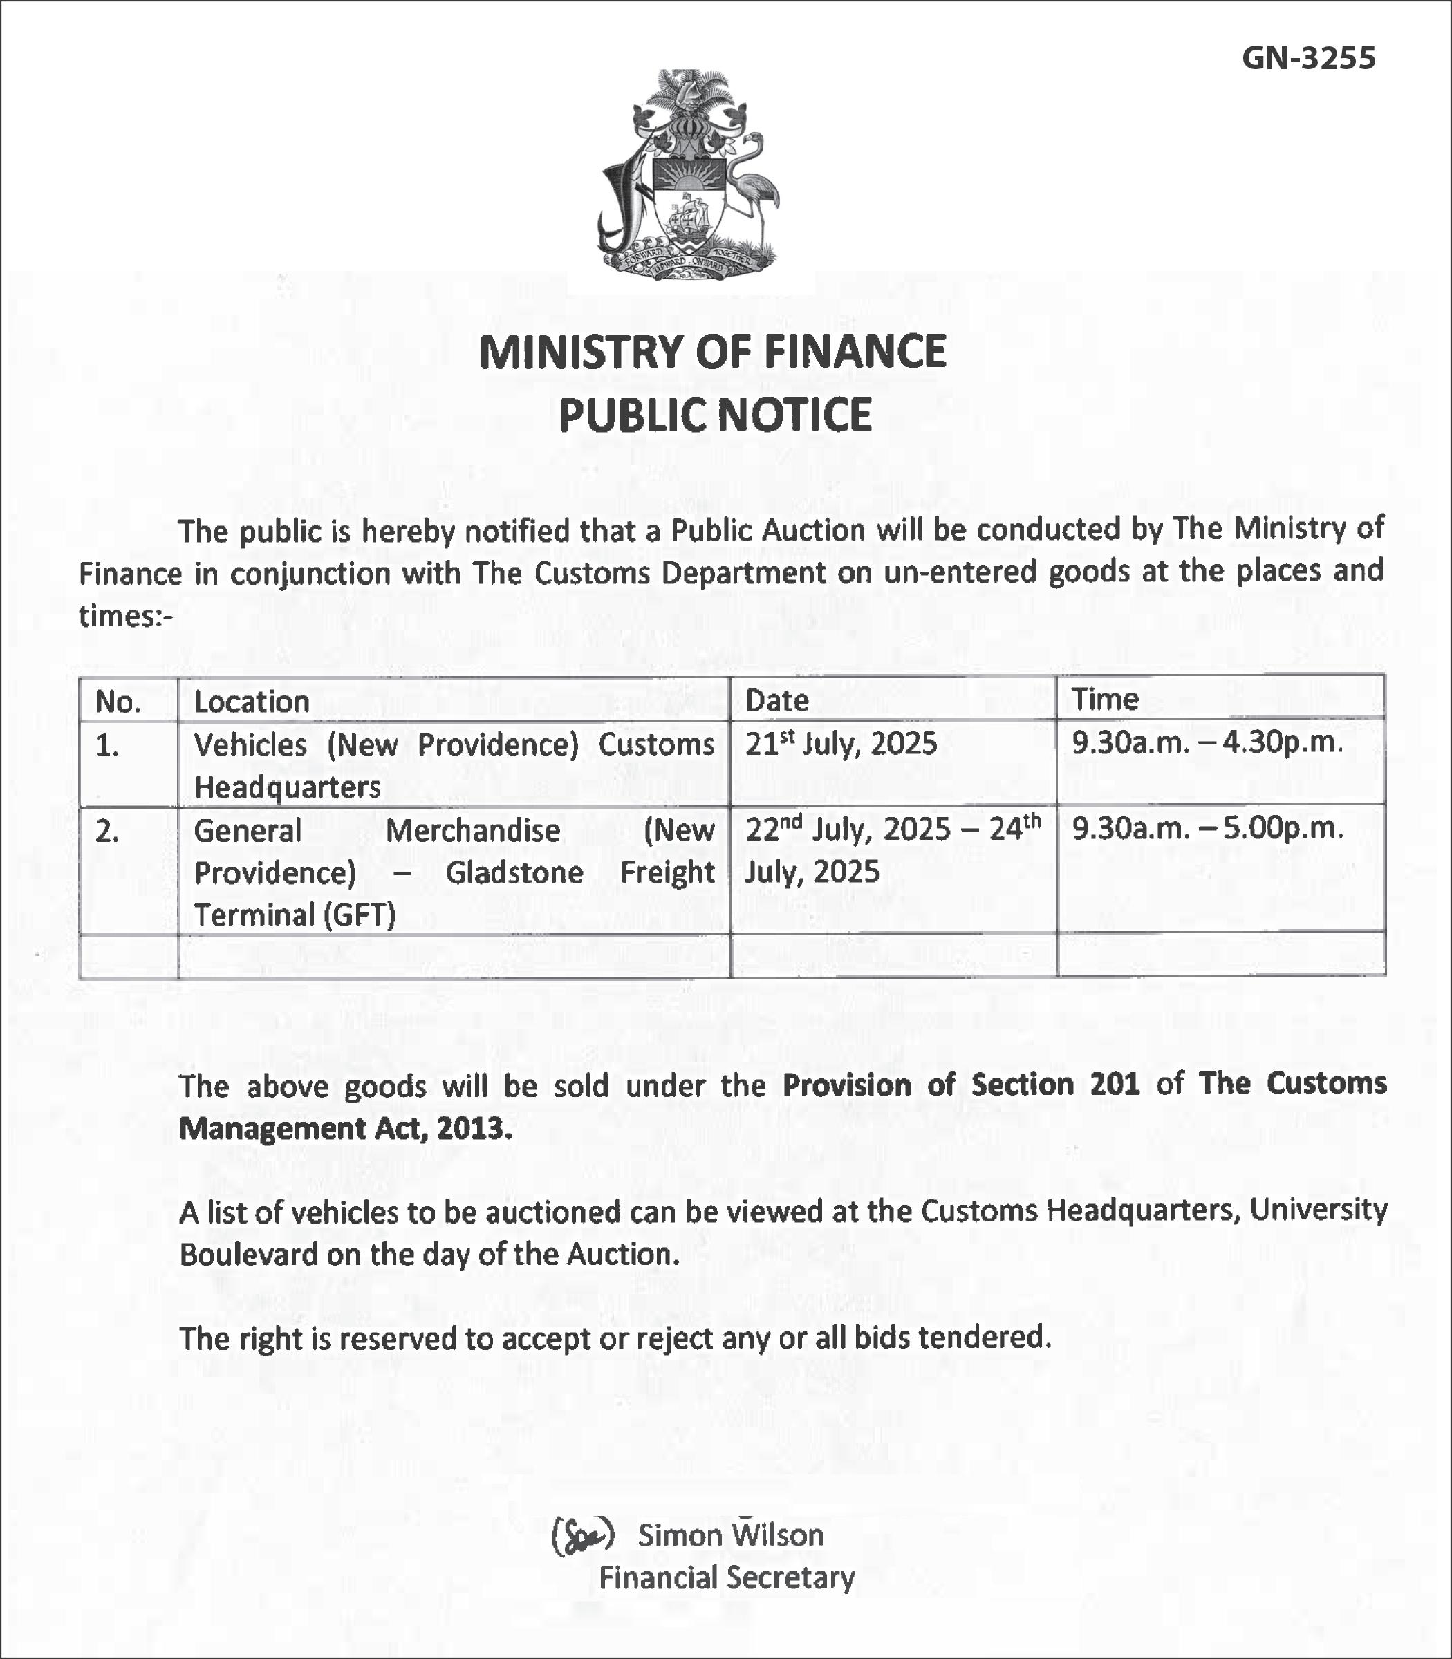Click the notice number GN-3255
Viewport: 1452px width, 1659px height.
click(x=1309, y=57)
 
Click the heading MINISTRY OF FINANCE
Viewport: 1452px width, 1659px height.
click(x=712, y=352)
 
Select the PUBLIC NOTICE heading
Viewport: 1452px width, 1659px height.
click(x=715, y=415)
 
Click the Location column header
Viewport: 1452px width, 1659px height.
click(x=251, y=702)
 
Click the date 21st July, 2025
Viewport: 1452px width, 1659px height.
click(x=840, y=743)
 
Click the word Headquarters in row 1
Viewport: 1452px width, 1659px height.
click(x=287, y=787)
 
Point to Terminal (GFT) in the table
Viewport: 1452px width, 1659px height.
click(x=295, y=915)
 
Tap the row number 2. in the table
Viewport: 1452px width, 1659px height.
click(x=107, y=831)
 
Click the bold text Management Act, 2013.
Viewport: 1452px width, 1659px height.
click(x=345, y=1128)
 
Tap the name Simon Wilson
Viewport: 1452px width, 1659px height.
click(x=730, y=1535)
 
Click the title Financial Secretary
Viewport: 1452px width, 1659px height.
click(x=727, y=1578)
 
